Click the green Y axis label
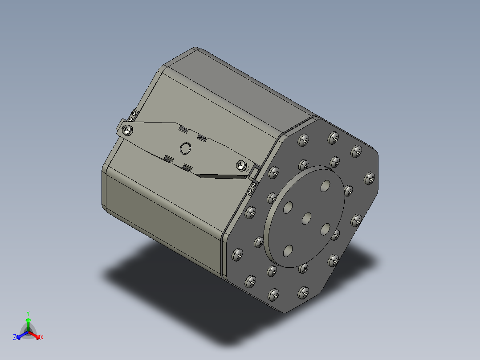[28, 313]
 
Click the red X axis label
[42, 337]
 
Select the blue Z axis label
[15, 337]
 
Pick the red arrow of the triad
[36, 335]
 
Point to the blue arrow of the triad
[20, 335]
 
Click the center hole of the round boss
[307, 218]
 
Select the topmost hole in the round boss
[326, 185]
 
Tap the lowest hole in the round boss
[288, 251]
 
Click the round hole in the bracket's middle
[185, 148]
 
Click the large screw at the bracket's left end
[128, 130]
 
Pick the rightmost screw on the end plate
[369, 179]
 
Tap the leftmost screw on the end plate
[237, 255]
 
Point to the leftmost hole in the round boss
[288, 207]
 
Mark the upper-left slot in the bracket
[182, 129]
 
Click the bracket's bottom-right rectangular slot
[187, 168]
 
